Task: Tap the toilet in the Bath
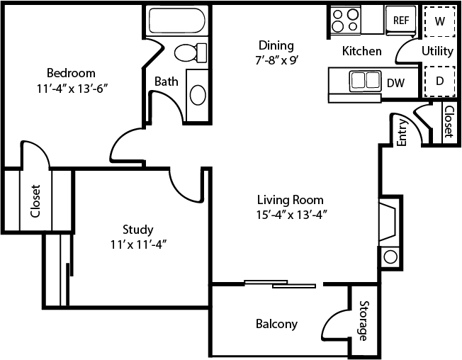tap(190, 52)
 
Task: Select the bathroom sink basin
tap(198, 94)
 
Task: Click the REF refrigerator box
tap(402, 21)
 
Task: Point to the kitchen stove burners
tap(345, 19)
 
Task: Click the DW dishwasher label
tap(395, 83)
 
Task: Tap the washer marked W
tap(439, 21)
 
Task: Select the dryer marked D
tap(439, 81)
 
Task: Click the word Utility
tap(437, 51)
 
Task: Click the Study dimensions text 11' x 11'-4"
tap(138, 244)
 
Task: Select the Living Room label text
tap(291, 200)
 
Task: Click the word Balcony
tap(276, 325)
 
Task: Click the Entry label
tap(402, 133)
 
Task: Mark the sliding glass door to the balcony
tap(281, 284)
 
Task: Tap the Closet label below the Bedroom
tap(35, 201)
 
